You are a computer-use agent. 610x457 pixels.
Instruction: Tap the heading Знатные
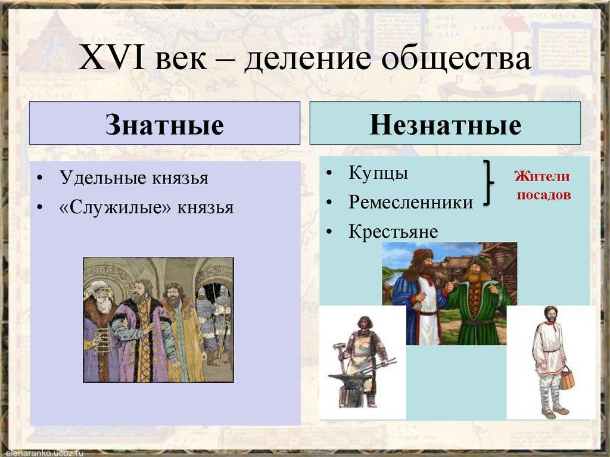(164, 125)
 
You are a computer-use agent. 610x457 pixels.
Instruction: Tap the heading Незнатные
(445, 125)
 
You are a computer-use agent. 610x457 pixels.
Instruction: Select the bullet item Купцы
(378, 173)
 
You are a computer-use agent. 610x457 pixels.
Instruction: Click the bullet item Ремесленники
(411, 203)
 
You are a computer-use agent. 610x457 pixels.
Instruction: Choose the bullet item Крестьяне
(393, 232)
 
